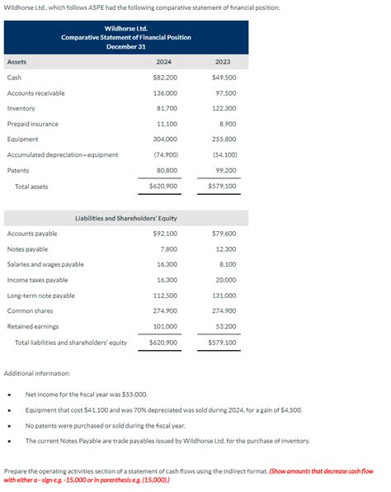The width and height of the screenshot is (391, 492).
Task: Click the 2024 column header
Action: point(163,62)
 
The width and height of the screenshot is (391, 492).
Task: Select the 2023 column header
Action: point(222,62)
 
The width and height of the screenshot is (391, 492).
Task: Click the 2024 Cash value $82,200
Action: point(165,78)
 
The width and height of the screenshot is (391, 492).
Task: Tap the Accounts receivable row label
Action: point(35,93)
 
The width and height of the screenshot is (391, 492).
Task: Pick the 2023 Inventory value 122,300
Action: point(224,108)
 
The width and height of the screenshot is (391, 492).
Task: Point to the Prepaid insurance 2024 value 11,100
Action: point(167,124)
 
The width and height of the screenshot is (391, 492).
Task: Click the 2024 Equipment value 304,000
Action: point(165,140)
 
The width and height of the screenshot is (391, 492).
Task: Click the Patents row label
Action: point(18,170)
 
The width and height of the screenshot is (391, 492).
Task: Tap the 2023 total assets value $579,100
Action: point(222,187)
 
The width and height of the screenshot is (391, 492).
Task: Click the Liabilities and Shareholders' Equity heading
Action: point(126,218)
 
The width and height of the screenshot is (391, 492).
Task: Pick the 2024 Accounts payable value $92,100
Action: point(165,234)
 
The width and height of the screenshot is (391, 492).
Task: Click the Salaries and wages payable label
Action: point(45,264)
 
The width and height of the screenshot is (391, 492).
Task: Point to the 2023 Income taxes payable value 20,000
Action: point(224,280)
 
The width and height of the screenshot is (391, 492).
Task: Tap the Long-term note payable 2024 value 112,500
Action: point(165,296)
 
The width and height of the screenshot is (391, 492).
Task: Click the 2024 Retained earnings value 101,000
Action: point(165,326)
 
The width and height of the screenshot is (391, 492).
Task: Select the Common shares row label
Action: point(30,310)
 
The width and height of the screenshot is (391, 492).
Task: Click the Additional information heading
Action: point(37,374)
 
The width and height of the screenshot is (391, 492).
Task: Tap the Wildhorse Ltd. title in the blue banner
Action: point(126,28)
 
